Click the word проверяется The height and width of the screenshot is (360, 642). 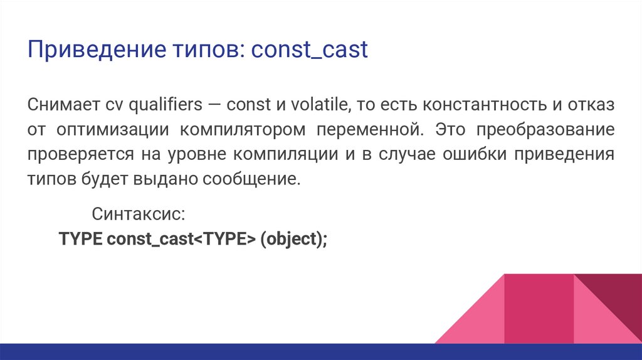pos(76,154)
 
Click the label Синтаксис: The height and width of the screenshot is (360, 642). pos(138,213)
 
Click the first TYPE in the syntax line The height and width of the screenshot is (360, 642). pos(80,239)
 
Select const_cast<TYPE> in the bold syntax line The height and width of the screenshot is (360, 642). pos(181,239)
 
